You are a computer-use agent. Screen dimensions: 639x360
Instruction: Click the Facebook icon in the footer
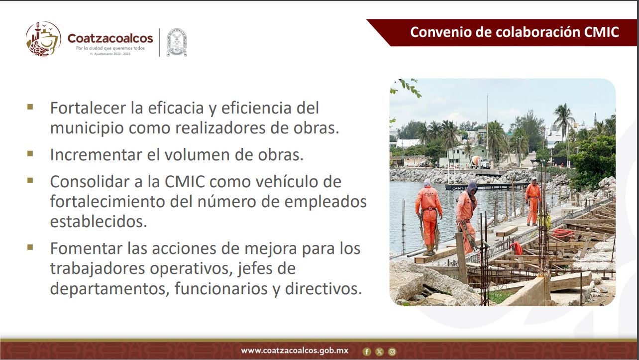click(x=367, y=352)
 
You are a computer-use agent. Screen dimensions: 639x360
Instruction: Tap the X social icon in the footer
click(x=379, y=352)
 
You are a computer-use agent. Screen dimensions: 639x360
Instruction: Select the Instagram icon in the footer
click(x=392, y=352)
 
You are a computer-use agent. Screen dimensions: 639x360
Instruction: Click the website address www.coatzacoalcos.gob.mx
click(x=295, y=351)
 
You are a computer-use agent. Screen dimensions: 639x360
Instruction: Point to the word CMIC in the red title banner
click(x=601, y=32)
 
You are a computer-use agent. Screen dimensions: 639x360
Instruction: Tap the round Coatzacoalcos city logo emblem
click(x=43, y=39)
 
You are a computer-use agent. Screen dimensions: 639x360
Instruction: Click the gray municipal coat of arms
click(x=177, y=42)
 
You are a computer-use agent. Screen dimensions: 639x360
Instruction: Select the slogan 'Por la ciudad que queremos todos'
click(x=110, y=48)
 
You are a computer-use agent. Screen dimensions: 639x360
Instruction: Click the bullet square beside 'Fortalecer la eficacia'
click(x=30, y=107)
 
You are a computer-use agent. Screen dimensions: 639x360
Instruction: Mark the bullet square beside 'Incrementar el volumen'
click(x=30, y=154)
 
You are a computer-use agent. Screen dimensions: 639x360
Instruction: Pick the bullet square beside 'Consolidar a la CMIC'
click(x=30, y=181)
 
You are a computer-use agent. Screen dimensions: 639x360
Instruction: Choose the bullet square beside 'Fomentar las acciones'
click(x=30, y=247)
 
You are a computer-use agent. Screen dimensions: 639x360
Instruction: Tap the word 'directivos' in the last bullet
click(x=323, y=288)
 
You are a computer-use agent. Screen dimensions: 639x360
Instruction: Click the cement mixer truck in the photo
click(x=480, y=162)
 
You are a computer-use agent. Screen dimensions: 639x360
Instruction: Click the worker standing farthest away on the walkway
click(x=533, y=201)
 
